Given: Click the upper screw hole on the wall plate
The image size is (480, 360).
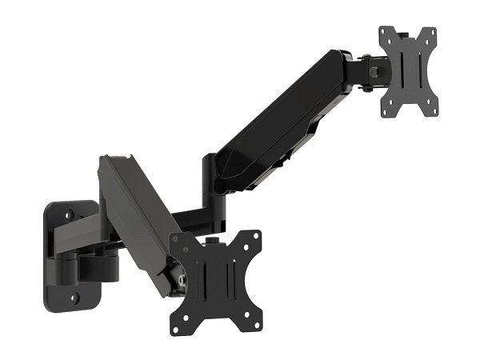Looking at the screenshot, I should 70,215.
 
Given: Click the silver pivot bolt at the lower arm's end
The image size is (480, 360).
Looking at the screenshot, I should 183,281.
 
